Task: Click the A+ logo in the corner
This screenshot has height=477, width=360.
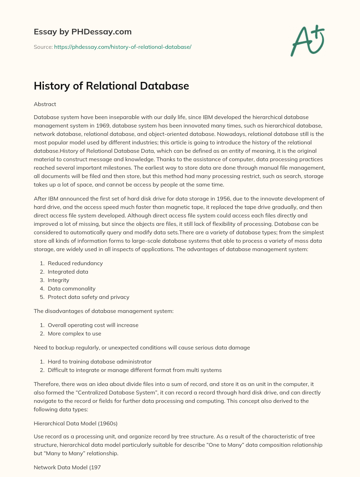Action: click(308, 40)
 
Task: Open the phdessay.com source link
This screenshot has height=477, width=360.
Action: click(122, 47)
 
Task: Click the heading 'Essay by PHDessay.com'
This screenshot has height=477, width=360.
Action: click(83, 32)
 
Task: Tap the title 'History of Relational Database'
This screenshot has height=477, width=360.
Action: click(111, 86)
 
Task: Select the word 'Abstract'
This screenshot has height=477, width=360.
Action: click(45, 104)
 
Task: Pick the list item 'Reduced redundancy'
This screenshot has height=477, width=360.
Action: click(75, 263)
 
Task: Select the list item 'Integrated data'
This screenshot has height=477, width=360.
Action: click(68, 272)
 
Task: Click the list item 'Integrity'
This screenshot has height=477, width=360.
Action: click(58, 280)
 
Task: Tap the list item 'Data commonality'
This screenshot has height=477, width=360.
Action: click(71, 289)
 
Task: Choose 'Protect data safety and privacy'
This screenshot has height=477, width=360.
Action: click(88, 297)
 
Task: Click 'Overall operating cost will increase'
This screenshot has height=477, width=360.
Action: click(93, 325)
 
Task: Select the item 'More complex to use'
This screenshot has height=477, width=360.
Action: click(74, 334)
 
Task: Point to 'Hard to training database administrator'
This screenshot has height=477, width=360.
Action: click(99, 362)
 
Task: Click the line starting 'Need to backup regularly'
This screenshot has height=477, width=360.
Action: click(142, 348)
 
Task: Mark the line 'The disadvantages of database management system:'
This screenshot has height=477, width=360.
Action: click(103, 311)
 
